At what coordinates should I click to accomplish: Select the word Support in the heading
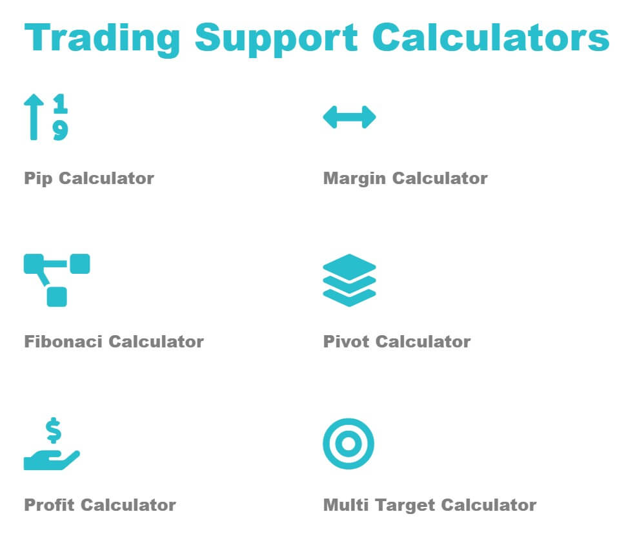tap(276, 39)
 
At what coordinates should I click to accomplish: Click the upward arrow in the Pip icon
tap(34, 117)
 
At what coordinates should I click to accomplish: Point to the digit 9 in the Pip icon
tap(60, 130)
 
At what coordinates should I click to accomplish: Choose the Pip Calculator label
tap(89, 179)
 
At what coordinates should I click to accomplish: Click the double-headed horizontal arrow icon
tap(349, 117)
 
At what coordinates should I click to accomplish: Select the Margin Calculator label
tap(405, 179)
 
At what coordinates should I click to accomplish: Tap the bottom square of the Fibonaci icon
tap(57, 296)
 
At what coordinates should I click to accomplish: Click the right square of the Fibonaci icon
tap(80, 263)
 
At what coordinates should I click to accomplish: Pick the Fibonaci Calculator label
tap(114, 342)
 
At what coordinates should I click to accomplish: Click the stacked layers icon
tap(349, 280)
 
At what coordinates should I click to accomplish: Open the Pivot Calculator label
tap(397, 342)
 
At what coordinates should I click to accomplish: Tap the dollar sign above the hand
tap(54, 430)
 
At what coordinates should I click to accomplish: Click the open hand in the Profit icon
tap(52, 460)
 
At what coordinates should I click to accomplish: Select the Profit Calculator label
tap(100, 505)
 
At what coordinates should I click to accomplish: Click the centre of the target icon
tap(349, 444)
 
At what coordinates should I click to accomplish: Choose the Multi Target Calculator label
tap(430, 505)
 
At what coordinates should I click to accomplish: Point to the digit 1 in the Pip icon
tap(60, 103)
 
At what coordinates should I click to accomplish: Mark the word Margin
tap(354, 179)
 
